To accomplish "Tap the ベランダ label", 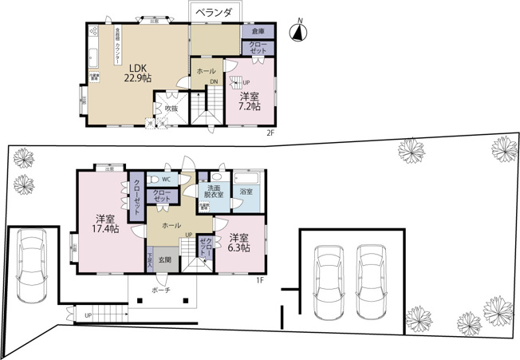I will pos(218,13).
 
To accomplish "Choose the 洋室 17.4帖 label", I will pos(105,224).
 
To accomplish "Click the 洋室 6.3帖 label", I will pos(238,243).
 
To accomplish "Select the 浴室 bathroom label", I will pos(246,192).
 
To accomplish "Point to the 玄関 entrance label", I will pos(164,259).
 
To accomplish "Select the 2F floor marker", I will pos(270,133).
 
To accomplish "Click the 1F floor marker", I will pos(260,279).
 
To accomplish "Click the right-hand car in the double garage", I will pos(371,279).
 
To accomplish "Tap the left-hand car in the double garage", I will pos(329,279).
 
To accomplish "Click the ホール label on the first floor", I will pos(171,226).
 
